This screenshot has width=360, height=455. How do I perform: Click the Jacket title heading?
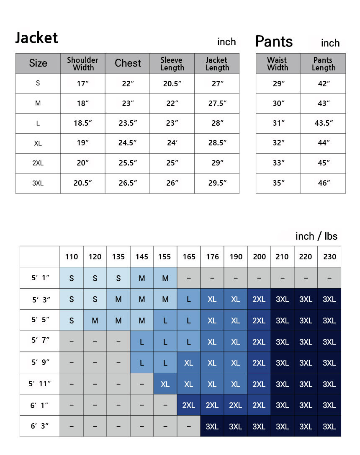click(36, 38)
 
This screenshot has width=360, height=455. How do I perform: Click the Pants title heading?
click(274, 41)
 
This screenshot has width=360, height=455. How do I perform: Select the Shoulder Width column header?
click(82, 63)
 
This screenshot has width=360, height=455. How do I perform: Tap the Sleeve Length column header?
click(172, 63)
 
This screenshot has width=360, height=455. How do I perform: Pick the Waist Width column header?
click(278, 63)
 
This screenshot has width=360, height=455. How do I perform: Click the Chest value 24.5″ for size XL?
click(127, 143)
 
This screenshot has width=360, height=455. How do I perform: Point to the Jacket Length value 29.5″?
click(217, 183)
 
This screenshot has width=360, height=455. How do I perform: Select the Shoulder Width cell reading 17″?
click(82, 83)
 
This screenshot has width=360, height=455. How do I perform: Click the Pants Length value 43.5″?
click(323, 123)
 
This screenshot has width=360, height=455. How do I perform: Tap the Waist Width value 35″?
click(278, 183)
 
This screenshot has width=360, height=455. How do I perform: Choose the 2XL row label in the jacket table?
click(38, 163)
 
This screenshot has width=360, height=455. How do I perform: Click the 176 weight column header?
click(212, 257)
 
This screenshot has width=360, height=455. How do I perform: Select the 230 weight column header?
click(329, 257)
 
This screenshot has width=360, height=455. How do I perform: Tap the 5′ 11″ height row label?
click(39, 384)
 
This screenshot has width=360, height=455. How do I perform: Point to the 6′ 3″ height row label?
click(39, 426)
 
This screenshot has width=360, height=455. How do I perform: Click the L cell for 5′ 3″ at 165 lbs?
click(189, 300)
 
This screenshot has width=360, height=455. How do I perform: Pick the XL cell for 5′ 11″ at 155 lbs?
click(165, 384)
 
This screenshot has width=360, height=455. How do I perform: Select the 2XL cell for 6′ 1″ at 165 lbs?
click(189, 405)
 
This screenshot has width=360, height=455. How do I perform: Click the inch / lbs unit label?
click(316, 236)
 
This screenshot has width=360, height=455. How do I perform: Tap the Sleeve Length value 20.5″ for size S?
click(172, 83)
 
